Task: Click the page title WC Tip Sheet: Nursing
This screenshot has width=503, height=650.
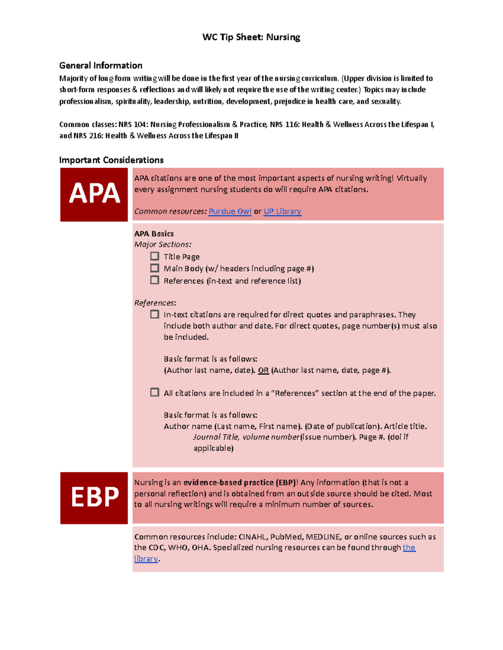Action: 251,37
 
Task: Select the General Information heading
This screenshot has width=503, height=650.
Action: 101,66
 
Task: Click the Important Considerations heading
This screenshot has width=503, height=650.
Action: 111,160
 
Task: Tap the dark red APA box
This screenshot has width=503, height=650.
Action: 94,194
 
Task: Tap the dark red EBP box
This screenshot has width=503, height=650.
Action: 94,498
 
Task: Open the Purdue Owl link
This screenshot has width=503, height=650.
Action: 230,211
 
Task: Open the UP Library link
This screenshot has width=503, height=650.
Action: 282,211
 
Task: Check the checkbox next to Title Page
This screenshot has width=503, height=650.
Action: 155,256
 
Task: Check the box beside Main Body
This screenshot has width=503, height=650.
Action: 155,268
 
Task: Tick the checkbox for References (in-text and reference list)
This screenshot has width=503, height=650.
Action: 155,280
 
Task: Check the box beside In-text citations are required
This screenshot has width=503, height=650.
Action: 155,314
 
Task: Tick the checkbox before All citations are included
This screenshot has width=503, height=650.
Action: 155,393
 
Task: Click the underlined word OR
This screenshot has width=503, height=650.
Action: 263,370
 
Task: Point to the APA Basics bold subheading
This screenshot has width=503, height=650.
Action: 154,234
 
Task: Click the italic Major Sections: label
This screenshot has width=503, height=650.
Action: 163,245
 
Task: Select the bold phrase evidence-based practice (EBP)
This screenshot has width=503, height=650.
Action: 240,483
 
